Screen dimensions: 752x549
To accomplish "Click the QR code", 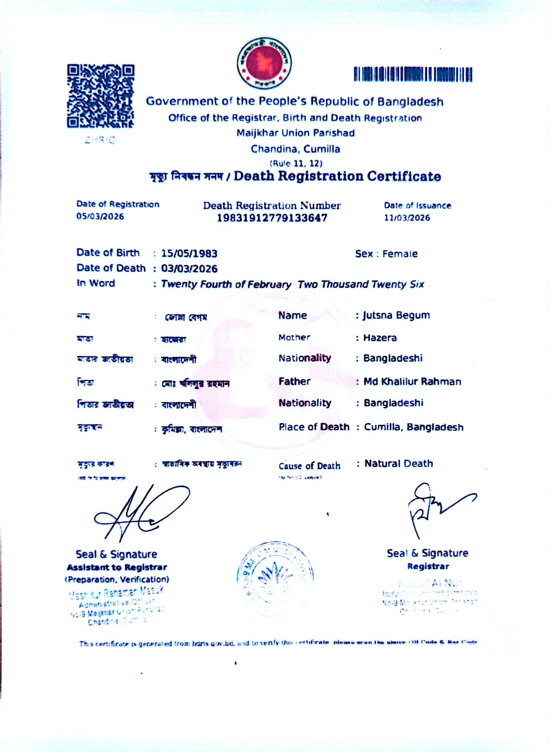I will tap(101, 96).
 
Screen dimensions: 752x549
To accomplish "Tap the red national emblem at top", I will tap(264, 63).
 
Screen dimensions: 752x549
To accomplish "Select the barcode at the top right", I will tap(413, 75).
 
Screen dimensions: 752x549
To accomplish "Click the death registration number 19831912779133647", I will tap(272, 218).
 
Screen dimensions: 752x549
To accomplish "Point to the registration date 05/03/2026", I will tap(100, 217).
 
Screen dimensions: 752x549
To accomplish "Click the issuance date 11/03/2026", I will tap(407, 218).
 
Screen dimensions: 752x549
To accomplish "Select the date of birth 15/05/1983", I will tap(189, 254).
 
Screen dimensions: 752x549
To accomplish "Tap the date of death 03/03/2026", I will tap(189, 269).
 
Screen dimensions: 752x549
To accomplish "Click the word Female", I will tap(400, 254).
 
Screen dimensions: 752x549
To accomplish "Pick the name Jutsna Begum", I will tap(396, 315).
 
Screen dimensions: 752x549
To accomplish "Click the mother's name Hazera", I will tap(380, 338).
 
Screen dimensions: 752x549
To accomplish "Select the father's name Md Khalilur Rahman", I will tap(412, 382).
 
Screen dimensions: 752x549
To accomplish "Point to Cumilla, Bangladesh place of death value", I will tap(414, 427).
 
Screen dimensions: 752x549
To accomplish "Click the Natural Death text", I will tap(399, 464).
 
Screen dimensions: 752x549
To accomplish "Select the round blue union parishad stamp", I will tap(275, 578).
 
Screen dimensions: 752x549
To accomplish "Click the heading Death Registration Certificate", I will tap(337, 176).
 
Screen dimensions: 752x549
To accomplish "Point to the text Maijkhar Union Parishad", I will tap(296, 133).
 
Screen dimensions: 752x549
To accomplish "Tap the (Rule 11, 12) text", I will tap(296, 163).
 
